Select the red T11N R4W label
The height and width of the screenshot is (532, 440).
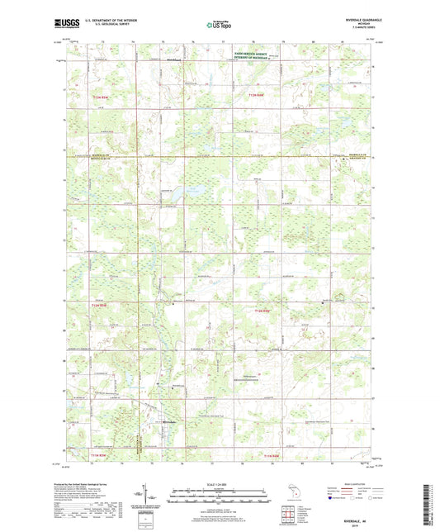[x=273, y=455]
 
